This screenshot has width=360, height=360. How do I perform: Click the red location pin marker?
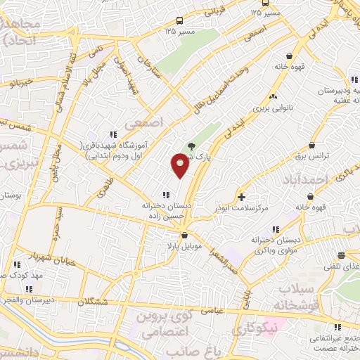(180, 165)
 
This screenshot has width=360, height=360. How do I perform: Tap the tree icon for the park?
(191, 147)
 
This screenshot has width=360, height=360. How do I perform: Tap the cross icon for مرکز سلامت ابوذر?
(242, 197)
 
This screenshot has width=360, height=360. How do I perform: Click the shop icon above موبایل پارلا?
(184, 236)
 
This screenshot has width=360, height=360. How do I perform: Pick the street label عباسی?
(212, 308)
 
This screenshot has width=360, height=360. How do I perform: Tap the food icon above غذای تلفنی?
(341, 256)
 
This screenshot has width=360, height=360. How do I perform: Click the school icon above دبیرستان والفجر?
(30, 289)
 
